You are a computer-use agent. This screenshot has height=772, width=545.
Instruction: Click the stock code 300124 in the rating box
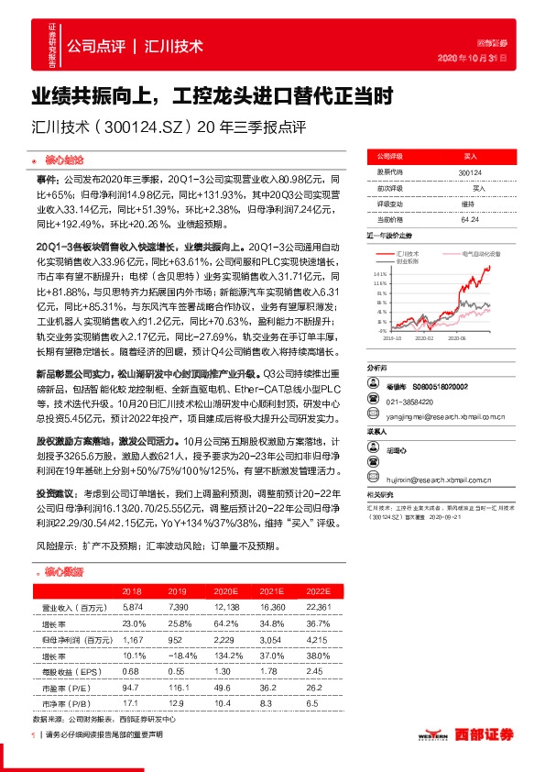[x=471, y=173]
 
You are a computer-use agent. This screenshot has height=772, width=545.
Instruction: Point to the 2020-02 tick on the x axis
[x=425, y=337]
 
